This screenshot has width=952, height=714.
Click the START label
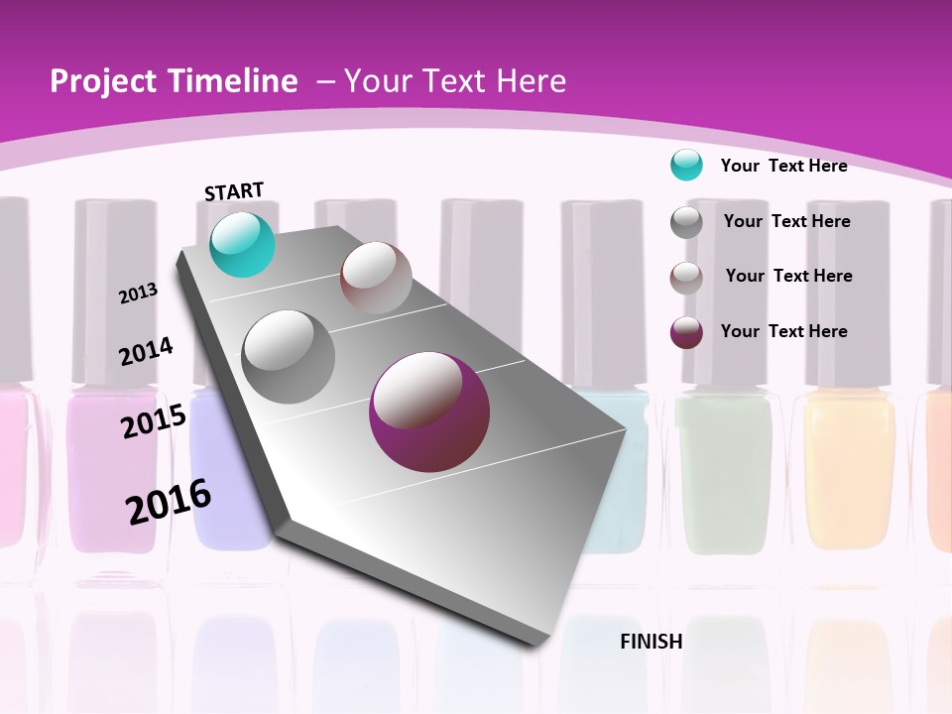(234, 191)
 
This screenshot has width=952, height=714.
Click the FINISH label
(652, 642)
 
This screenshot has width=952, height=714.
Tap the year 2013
(139, 293)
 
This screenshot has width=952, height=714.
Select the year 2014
(147, 351)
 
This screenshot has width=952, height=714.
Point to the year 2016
(169, 501)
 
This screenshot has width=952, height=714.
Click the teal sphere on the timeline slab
(242, 244)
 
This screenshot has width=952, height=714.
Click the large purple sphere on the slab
(428, 413)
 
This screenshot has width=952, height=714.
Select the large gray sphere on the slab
(289, 357)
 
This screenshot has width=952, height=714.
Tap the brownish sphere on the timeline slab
(376, 278)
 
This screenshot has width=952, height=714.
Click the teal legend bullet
(686, 165)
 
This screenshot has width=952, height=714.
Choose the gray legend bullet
(686, 222)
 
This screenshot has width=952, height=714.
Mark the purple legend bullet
(686, 332)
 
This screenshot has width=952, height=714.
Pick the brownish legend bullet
(686, 278)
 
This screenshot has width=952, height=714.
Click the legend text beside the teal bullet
(783, 166)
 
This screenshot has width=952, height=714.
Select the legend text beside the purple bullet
(783, 331)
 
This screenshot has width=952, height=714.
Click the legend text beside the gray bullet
(786, 221)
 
